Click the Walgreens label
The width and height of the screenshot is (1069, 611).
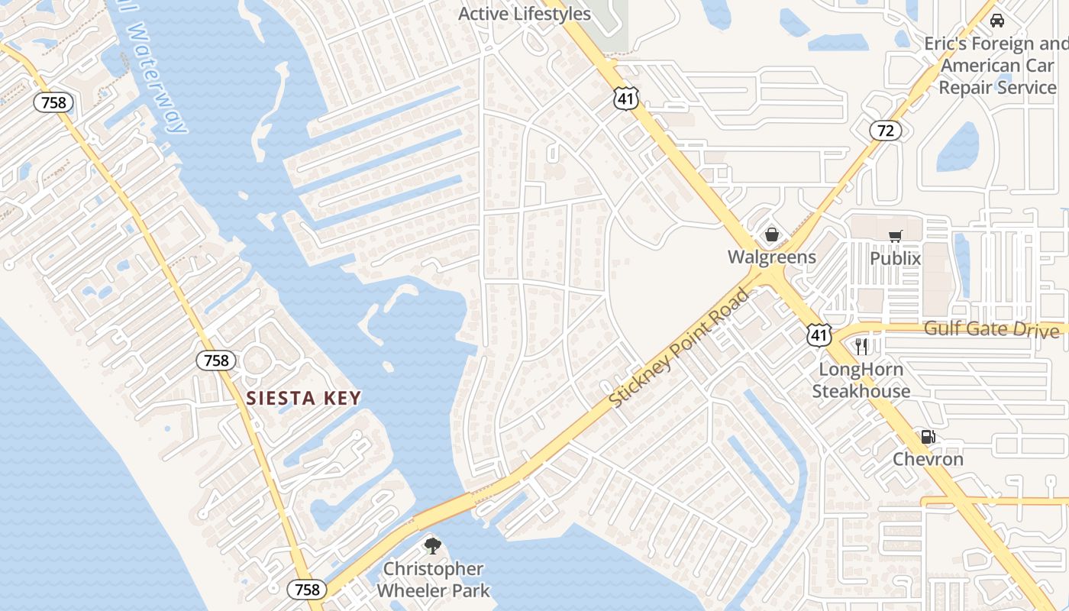pyautogui.click(x=771, y=257)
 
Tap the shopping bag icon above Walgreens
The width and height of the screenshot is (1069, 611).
pyautogui.click(x=772, y=234)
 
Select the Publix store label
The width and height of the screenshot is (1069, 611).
pyautogui.click(x=895, y=258)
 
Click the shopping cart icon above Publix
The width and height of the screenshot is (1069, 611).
pyautogui.click(x=895, y=236)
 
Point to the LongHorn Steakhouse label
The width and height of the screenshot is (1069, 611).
pyautogui.click(x=861, y=380)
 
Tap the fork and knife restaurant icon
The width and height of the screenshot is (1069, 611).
pyautogui.click(x=861, y=347)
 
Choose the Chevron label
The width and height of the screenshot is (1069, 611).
pyautogui.click(x=928, y=460)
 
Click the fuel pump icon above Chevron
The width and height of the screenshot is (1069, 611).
pyautogui.click(x=928, y=438)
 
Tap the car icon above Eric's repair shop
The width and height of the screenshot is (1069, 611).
pyautogui.click(x=996, y=21)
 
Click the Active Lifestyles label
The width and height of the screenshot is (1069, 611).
pyautogui.click(x=524, y=14)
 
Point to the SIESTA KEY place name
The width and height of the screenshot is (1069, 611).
pyautogui.click(x=303, y=398)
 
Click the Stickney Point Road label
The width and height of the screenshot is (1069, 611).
pyautogui.click(x=678, y=348)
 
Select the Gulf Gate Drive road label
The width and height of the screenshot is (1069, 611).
pyautogui.click(x=991, y=329)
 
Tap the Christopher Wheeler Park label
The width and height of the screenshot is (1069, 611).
pyautogui.click(x=433, y=580)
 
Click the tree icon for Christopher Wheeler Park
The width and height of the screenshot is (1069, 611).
pyautogui.click(x=433, y=545)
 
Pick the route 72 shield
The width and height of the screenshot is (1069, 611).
pyautogui.click(x=885, y=131)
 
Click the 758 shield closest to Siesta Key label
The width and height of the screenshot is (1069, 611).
pyautogui.click(x=216, y=360)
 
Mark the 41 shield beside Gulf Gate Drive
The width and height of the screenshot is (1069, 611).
pyautogui.click(x=819, y=335)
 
